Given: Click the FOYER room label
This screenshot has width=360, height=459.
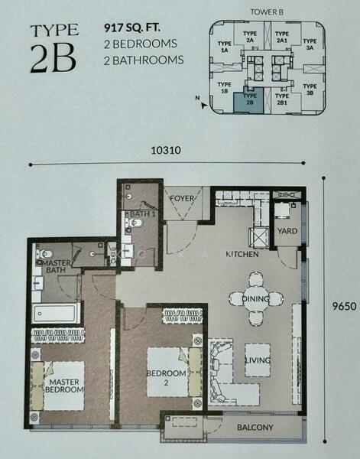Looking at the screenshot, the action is tap(182, 198).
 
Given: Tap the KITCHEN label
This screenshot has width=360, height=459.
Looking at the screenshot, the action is tap(242, 254).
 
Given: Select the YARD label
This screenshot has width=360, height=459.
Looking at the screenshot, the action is tap(287, 231).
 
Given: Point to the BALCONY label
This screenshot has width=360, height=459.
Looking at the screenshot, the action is tap(255, 428).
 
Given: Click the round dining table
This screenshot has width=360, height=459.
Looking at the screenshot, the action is tap(256, 299).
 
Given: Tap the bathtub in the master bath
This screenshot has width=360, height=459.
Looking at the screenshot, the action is tap(55, 313).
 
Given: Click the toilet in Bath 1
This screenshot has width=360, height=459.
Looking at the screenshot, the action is tap(135, 223).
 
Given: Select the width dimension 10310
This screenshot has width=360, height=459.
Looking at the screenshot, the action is tap(166, 150).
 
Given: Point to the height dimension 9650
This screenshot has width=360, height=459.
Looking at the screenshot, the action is tap(344, 306).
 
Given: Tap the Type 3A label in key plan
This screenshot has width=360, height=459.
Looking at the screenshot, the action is tap(310, 44).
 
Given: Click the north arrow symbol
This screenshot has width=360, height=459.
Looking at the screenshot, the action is tap(203, 106).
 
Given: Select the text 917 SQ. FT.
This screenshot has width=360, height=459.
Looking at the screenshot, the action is tap(132, 28).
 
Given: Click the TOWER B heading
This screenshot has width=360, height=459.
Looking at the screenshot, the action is tap(267, 12).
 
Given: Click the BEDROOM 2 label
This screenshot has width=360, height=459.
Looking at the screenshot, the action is tap(166, 378).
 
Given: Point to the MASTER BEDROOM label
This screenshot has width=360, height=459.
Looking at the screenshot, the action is tap(64, 386).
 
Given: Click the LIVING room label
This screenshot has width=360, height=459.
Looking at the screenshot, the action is tap(258, 360).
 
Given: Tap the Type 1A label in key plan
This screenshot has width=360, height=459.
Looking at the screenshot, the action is tap(224, 47).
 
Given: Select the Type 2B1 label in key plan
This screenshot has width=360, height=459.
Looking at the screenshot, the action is tap(282, 99).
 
